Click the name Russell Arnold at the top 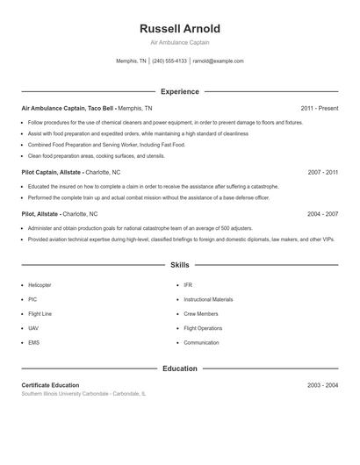[180, 29]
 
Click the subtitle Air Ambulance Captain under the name [180, 42]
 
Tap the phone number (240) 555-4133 [169, 61]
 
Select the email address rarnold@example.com [218, 61]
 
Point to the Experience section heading [180, 91]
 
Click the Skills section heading [180, 264]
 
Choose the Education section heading [180, 368]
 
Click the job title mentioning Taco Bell [86, 108]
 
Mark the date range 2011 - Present [320, 108]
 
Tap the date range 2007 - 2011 [323, 173]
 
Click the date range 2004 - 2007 [323, 213]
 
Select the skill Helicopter [40, 285]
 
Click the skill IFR [188, 285]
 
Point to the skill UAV [33, 328]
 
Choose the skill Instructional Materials [208, 299]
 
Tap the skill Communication [202, 342]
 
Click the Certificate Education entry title [50, 385]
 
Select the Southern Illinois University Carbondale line [83, 394]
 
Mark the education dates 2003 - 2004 [323, 385]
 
